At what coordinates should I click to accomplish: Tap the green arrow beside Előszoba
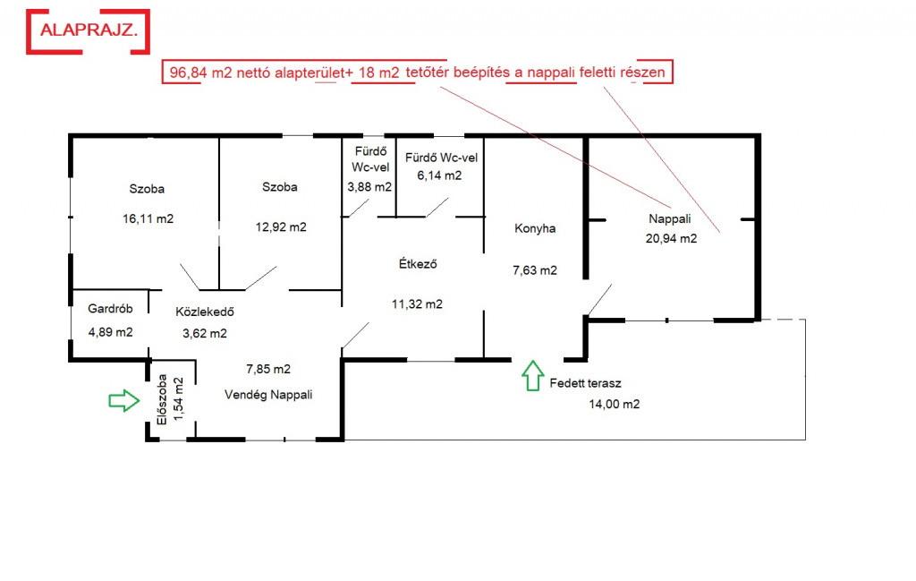tap(123, 400)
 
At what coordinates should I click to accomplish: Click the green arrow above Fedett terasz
tap(532, 374)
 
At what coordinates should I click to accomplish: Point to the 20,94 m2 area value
tap(671, 238)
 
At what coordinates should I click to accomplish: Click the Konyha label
tap(535, 228)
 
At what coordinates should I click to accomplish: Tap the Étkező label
tap(417, 264)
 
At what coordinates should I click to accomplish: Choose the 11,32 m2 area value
tap(417, 303)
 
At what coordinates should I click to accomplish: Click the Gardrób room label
tap(111, 310)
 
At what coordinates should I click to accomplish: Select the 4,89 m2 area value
tap(111, 331)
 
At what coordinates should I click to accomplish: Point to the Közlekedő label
tap(205, 312)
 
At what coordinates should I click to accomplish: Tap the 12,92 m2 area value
tap(281, 226)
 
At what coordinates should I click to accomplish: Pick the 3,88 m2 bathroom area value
tap(369, 187)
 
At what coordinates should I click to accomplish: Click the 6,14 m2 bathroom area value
tap(439, 175)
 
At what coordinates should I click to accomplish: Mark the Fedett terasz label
tap(586, 383)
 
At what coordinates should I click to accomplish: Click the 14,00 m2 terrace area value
tap(613, 404)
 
